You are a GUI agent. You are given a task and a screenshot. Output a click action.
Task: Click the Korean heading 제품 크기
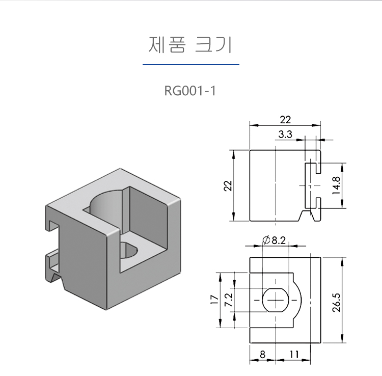tap(190, 45)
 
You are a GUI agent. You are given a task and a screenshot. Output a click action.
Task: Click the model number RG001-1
tap(190, 91)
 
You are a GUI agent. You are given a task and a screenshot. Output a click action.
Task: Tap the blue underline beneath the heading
tap(191, 65)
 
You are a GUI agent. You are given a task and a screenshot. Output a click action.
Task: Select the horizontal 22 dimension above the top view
tap(285, 120)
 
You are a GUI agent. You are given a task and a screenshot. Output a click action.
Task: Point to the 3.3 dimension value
tap(285, 135)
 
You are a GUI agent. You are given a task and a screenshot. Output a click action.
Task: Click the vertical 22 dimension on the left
tap(228, 186)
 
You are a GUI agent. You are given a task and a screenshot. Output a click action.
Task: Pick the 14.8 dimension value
tap(336, 185)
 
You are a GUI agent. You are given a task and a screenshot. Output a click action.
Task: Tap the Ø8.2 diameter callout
tap(274, 240)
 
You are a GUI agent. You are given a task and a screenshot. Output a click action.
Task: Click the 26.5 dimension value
tap(336, 303)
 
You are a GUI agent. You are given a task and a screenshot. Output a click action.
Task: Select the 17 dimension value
tap(214, 300)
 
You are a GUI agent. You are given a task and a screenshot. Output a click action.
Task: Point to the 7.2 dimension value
tap(229, 300)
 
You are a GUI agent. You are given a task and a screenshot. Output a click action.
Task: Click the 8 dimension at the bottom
tap(262, 354)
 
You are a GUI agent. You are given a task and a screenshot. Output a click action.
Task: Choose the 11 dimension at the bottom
tap(294, 354)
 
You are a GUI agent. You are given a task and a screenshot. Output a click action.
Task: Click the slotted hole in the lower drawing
tap(275, 300)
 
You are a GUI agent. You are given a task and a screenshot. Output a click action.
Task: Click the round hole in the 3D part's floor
tap(129, 250)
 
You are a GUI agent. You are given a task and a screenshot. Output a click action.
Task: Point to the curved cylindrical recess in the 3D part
tap(106, 202)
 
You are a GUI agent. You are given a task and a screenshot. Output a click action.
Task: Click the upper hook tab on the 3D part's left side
tap(52, 225)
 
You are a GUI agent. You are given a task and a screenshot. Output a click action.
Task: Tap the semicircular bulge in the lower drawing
tap(297, 300)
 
